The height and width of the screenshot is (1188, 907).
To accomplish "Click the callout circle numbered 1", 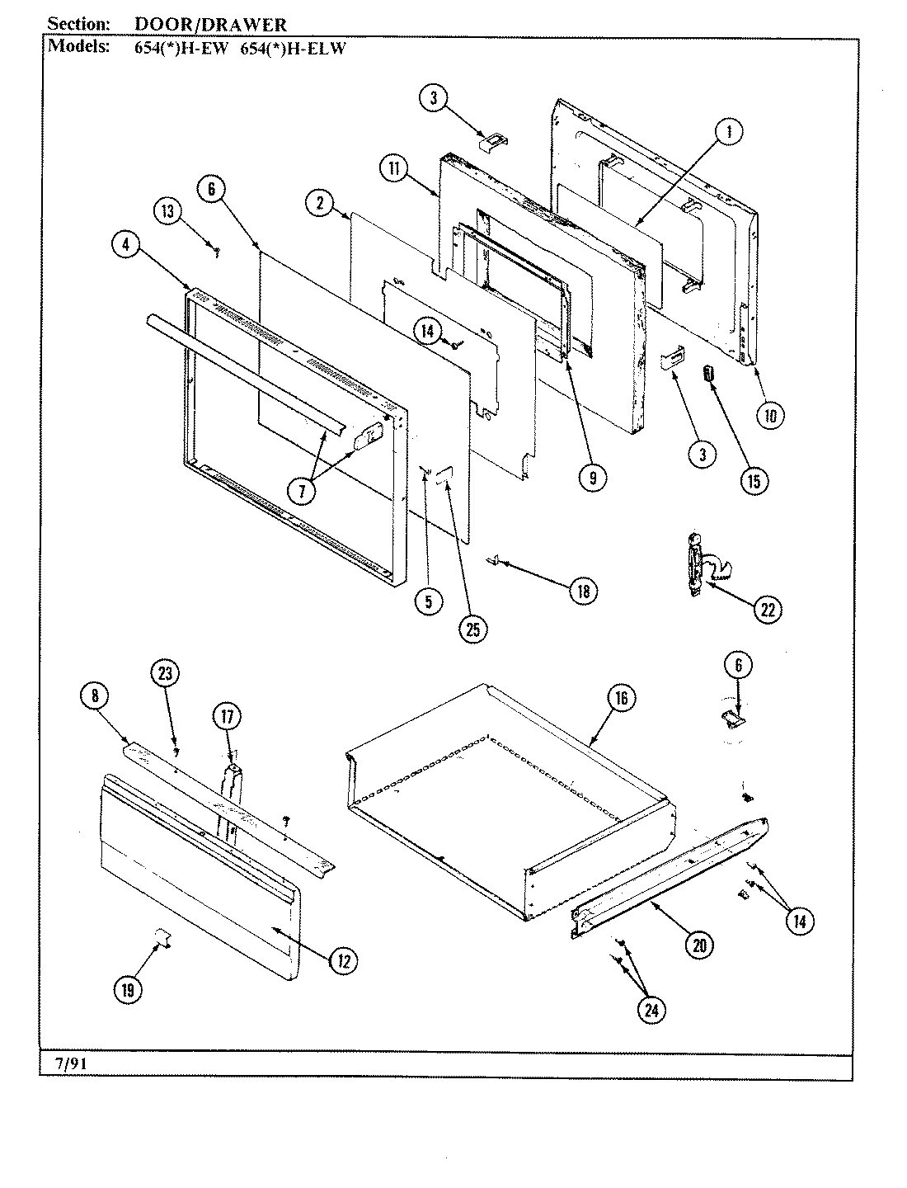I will point(728,132).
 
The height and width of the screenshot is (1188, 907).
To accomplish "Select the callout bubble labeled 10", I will point(769,415).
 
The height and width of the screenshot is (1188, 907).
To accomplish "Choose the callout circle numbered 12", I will point(344,959).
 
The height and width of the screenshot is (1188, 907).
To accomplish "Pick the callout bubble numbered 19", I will point(128,989).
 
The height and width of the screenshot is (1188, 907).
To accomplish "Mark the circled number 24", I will point(652,1010).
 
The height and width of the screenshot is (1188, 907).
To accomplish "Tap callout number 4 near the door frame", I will point(126,244).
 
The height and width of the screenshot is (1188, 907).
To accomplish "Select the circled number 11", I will point(394,169).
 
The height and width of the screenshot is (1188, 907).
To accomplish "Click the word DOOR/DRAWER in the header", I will point(211,26).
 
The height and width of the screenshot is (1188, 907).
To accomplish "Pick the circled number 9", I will point(592,477).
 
